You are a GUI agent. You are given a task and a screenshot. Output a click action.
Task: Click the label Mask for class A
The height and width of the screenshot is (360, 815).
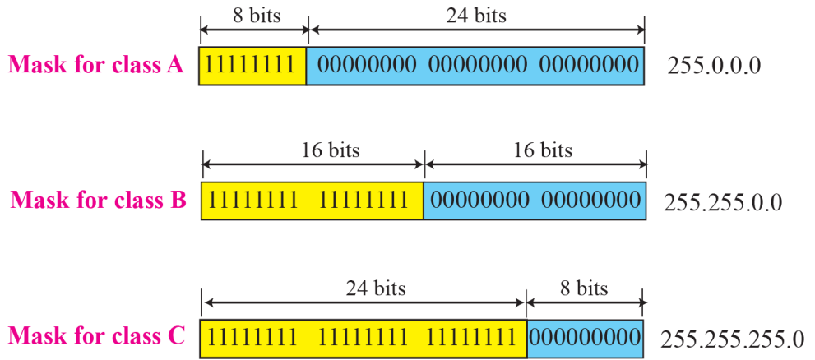pyautogui.click(x=96, y=65)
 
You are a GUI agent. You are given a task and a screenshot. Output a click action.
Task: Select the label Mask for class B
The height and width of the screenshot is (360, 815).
pyautogui.click(x=98, y=200)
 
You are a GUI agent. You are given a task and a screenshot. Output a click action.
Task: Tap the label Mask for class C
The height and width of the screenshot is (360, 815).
pyautogui.click(x=97, y=335)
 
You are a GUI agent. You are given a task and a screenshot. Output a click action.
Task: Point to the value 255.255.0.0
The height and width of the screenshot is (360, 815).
pyautogui.click(x=721, y=201)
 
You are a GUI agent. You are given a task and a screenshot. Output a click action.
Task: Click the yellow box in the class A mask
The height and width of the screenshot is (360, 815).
pyautogui.click(x=252, y=65)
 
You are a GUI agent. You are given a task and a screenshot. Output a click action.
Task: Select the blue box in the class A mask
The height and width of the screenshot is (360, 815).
pyautogui.click(x=475, y=65)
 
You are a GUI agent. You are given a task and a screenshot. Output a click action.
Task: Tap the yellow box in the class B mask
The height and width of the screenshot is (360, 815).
pyautogui.click(x=313, y=200)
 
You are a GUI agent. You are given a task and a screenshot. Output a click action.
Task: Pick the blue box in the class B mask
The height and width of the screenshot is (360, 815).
pyautogui.click(x=535, y=200)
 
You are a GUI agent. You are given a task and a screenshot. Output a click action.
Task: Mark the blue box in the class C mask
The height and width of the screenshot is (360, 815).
pyautogui.click(x=586, y=336)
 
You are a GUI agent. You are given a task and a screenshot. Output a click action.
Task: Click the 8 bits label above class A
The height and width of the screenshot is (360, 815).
pyautogui.click(x=254, y=16)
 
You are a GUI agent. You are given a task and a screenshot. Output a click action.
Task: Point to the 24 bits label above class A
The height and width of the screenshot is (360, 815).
pyautogui.click(x=477, y=16)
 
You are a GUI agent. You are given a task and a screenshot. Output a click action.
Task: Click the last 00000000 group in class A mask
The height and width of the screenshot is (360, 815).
pyautogui.click(x=589, y=65)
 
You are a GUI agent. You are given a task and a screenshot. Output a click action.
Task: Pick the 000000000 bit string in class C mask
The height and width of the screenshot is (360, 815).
pyautogui.click(x=586, y=336)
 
